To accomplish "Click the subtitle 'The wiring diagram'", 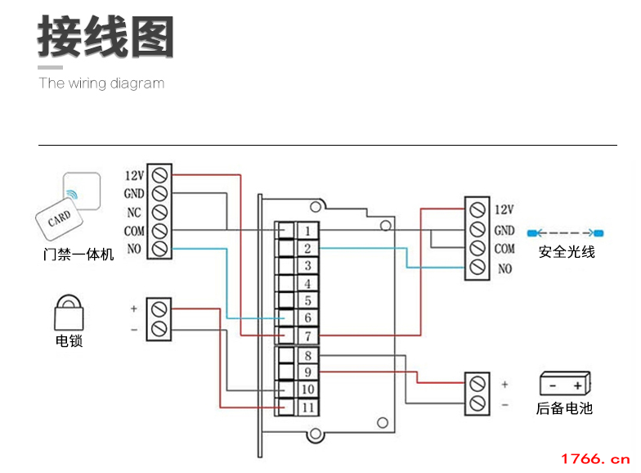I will point(101,83).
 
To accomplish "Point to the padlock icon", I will point(69,312).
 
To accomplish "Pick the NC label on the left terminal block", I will point(134,212).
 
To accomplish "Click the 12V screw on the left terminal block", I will point(160,175).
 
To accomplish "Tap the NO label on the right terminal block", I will point(504,268).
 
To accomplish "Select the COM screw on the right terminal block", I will point(477,249).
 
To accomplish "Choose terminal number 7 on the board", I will point(307,336).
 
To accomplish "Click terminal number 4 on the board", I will point(307,283).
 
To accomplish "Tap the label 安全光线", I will point(567,252).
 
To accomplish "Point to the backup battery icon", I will point(565,384).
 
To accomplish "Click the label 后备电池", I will point(564,408).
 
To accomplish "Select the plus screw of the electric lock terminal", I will point(160,309).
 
